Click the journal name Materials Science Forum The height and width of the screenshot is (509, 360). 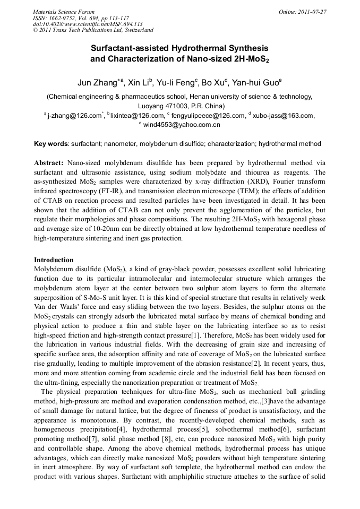point(64,12)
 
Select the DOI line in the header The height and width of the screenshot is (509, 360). point(88,24)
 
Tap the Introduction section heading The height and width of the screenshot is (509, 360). point(54,260)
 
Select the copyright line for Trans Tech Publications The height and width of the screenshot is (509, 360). point(93,31)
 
